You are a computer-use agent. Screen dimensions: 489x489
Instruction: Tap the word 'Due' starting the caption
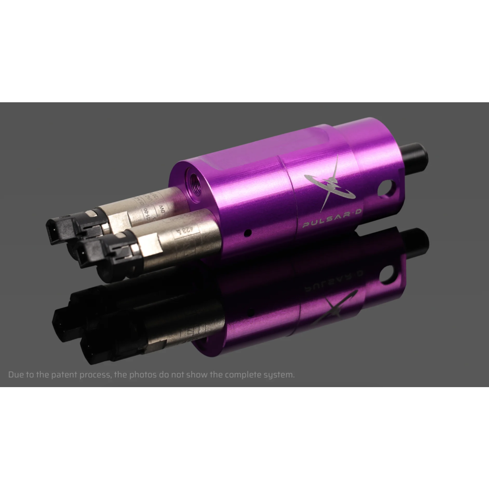point(16,375)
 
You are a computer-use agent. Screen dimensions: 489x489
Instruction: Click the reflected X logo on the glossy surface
point(340,302)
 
